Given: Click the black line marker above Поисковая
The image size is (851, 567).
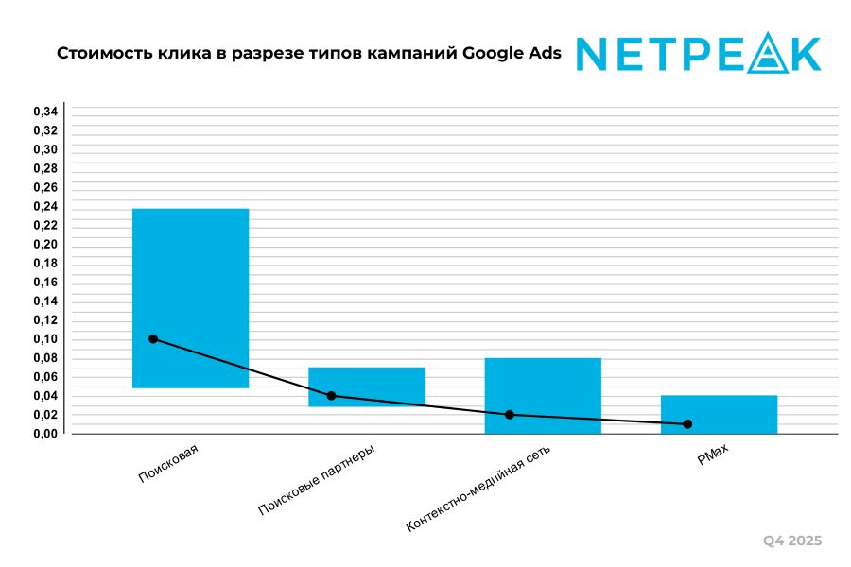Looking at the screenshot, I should (x=153, y=338).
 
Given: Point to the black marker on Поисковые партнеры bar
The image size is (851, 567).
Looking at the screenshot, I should (x=331, y=395).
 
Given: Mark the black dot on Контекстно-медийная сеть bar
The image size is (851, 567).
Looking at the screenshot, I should (x=510, y=414).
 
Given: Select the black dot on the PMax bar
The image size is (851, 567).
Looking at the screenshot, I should (x=687, y=423).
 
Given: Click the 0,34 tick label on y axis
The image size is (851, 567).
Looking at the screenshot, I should (x=45, y=112).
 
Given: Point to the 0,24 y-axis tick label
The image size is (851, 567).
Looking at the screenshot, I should (x=45, y=207).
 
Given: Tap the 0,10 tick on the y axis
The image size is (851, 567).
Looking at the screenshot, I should (x=45, y=339).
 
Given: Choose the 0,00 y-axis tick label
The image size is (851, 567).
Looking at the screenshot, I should (x=45, y=434).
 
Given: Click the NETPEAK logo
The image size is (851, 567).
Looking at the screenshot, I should (x=699, y=54).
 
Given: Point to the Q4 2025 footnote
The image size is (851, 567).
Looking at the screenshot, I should (x=792, y=541).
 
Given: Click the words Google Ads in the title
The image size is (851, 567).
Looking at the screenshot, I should (x=512, y=54).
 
